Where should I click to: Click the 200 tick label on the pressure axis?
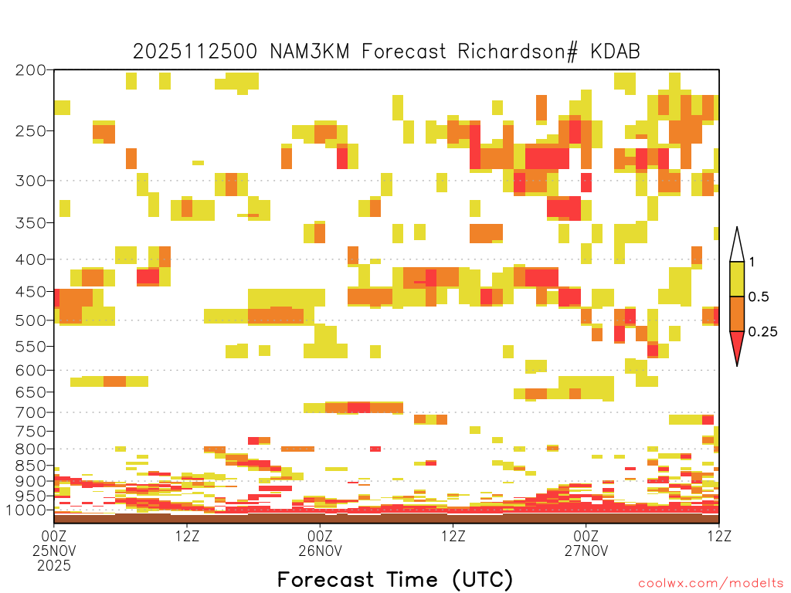[31, 70]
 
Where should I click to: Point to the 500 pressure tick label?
[31, 320]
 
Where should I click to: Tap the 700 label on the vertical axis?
[31, 412]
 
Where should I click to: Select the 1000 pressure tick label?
[26, 510]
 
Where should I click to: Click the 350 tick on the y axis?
[31, 223]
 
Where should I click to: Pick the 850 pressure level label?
[31, 466]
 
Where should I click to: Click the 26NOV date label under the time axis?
[320, 551]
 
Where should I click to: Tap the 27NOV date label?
[586, 551]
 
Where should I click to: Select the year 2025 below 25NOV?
[54, 566]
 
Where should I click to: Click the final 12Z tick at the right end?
[719, 536]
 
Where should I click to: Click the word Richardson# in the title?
[518, 52]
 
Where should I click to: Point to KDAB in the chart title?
[616, 52]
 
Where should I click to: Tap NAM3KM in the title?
[310, 52]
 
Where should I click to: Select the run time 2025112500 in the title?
[195, 52]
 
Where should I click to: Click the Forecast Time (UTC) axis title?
[395, 580]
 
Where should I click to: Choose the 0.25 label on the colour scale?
[762, 332]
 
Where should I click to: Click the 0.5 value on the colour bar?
[759, 297]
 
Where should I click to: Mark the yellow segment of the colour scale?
[737, 280]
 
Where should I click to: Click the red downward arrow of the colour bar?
[737, 346]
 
